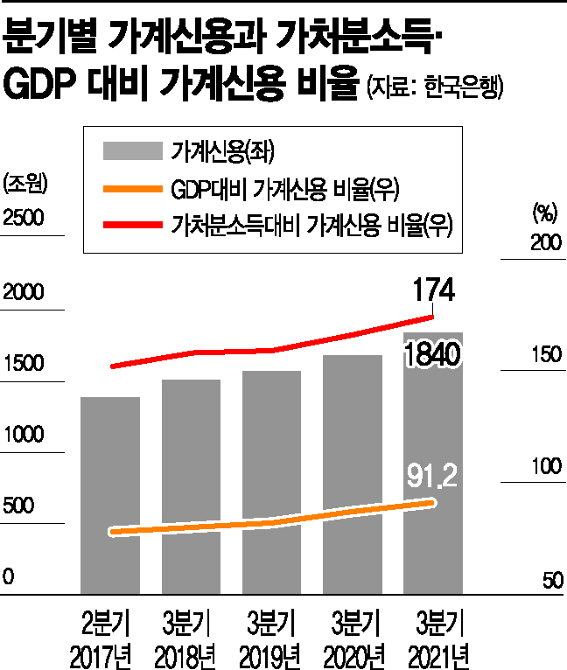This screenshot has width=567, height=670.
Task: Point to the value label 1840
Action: coord(432,354)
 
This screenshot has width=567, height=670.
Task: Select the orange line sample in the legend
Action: coord(132,188)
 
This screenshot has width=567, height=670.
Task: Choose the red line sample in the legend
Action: coord(132,226)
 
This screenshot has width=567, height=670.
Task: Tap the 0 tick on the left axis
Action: coord(9,577)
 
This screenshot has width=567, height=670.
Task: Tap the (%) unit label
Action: coord(544,210)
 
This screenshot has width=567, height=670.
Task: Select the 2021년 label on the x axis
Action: coord(433,653)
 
